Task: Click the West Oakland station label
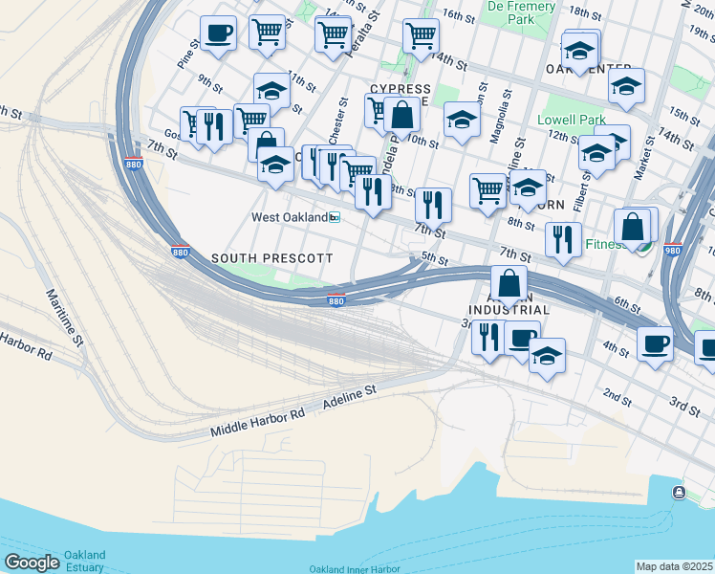coord(288,217)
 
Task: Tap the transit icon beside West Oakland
coord(335,218)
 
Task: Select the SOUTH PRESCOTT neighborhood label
coord(271,259)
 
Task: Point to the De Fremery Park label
coord(521,12)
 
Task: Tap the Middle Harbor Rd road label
coord(257,419)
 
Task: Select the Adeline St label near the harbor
coord(350,394)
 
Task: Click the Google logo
coord(32,562)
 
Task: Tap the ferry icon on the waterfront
coord(678,492)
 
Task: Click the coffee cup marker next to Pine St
coord(218,35)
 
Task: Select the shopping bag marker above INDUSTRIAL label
coord(509,283)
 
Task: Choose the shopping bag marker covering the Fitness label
coord(632,228)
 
